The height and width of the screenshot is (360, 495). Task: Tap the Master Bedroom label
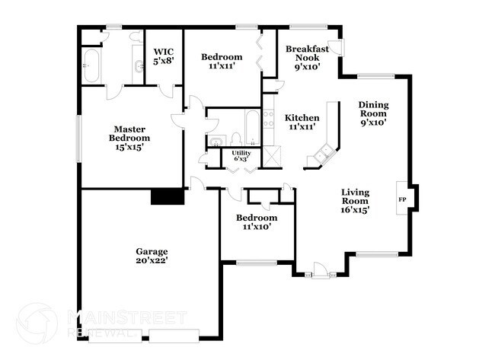(129, 138)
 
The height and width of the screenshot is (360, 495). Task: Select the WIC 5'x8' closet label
(164, 55)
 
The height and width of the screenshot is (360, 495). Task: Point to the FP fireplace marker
(402, 199)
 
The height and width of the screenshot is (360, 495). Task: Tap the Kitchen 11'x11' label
(302, 123)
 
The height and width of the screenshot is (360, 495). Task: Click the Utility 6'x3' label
(241, 157)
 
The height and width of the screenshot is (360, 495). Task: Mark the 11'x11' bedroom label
(222, 62)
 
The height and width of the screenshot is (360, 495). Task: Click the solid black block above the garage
(168, 196)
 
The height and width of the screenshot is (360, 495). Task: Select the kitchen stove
(268, 119)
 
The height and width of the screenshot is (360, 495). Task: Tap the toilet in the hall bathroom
(236, 139)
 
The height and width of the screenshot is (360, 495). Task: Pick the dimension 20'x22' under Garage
(152, 261)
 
